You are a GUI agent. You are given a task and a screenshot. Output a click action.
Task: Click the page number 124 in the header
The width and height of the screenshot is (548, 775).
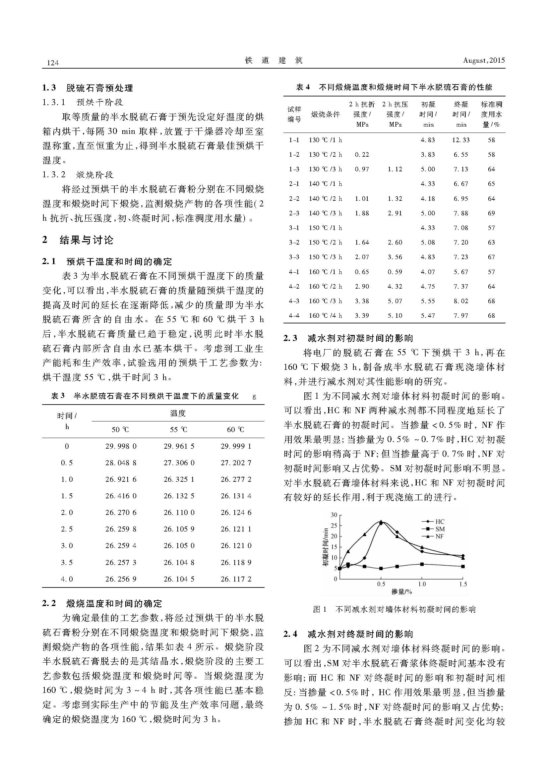click(x=53, y=63)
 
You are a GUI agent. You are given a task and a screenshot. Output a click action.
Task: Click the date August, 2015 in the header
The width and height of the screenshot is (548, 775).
click(x=483, y=60)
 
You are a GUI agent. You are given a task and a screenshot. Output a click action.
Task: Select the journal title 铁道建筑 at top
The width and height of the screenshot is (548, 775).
click(x=274, y=60)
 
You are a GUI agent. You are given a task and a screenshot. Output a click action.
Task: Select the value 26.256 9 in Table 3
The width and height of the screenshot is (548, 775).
click(x=121, y=579)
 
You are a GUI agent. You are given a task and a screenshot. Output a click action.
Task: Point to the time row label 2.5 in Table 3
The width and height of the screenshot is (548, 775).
click(x=67, y=529)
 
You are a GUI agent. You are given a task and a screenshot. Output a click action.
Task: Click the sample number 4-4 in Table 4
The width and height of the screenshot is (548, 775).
click(x=294, y=316)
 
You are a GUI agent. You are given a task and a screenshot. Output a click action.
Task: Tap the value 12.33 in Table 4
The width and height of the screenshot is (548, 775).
click(x=460, y=140)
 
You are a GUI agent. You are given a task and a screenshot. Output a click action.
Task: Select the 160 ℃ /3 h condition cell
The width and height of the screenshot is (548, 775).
click(x=325, y=301)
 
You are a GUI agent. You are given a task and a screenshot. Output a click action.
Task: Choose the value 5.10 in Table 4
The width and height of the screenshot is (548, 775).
click(x=395, y=316)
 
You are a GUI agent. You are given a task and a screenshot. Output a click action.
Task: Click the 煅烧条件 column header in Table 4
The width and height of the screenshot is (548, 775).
click(x=325, y=114)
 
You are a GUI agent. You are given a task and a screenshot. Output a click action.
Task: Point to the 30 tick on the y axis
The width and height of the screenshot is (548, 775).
click(x=334, y=515)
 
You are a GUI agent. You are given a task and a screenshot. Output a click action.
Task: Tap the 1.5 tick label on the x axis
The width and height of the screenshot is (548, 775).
click(x=463, y=584)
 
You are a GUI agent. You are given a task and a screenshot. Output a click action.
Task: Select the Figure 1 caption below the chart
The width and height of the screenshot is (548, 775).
click(x=394, y=609)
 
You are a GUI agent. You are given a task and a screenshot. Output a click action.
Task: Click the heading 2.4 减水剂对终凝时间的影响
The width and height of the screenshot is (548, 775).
click(x=348, y=634)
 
